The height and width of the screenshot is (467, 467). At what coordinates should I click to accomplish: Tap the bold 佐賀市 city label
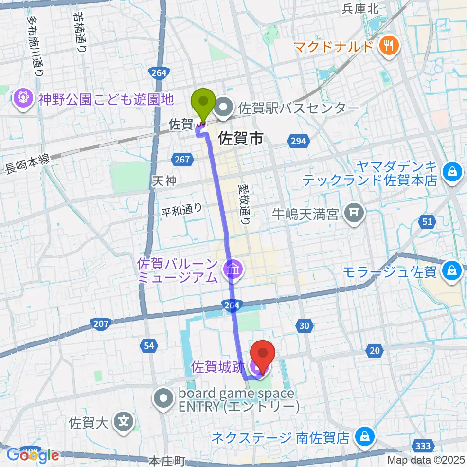click(241, 139)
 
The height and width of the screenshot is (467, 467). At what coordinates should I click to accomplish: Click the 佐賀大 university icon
click(125, 421)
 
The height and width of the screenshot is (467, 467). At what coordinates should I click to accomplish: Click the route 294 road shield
click(298, 141)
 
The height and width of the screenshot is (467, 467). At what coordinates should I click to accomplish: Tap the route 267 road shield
click(180, 159)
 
